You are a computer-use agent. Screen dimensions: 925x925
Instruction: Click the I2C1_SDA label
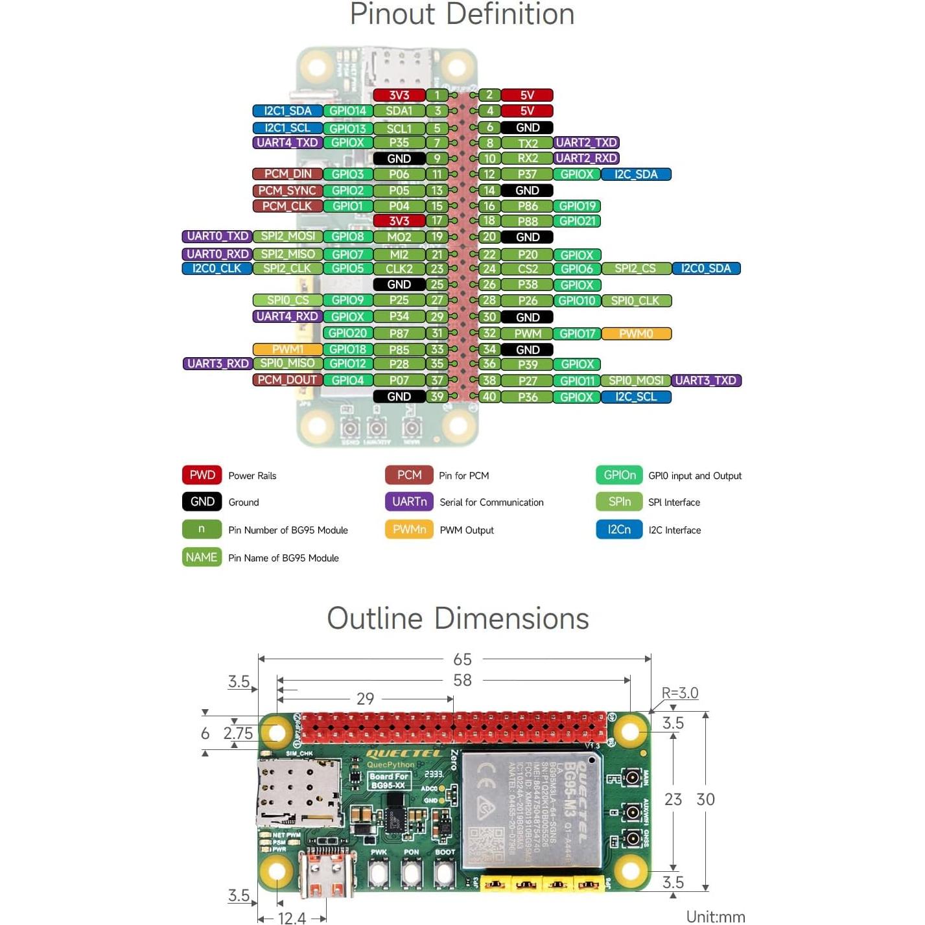pos(287,111)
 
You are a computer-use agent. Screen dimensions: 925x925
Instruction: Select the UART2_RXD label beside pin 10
pos(586,158)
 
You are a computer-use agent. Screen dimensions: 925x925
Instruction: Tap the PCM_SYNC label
pos(287,191)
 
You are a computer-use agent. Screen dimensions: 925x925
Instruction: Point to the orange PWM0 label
pos(636,334)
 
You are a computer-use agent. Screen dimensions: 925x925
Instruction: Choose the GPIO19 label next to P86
pos(577,206)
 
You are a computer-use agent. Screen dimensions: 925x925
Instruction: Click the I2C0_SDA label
pos(706,268)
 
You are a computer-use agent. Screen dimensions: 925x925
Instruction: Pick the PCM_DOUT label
pos(287,380)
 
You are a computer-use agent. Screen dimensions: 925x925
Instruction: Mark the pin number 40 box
pos(489,397)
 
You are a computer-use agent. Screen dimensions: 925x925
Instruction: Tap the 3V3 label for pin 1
pos(399,95)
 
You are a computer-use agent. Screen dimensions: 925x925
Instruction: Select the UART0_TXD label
pos(217,237)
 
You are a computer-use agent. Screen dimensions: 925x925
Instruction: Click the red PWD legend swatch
pos(202,475)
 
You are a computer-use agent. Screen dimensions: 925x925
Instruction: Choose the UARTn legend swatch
pos(409,502)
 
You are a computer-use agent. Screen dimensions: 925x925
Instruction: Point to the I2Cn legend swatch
pos(619,530)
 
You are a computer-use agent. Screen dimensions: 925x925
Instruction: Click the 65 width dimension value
pos(462,659)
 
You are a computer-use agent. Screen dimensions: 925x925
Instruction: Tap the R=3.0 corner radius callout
pos(679,693)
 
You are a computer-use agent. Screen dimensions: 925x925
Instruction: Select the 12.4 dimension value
pos(292,917)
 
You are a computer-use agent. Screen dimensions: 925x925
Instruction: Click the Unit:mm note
pos(716,917)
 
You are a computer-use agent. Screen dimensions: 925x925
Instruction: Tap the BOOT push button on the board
pos(445,873)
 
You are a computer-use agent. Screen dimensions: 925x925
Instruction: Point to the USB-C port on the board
pos(327,873)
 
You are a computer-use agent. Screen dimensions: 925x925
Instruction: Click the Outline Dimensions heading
pos(458,618)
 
